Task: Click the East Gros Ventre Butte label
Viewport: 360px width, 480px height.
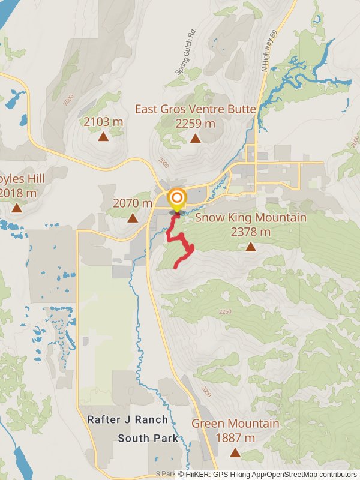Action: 195,109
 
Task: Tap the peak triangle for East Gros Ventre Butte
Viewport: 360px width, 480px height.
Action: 195,139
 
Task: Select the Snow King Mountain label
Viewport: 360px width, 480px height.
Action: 250,218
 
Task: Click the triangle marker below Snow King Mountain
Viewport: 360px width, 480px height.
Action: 250,247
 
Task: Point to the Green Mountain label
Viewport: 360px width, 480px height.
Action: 235,424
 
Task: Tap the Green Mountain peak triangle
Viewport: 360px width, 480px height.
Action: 235,452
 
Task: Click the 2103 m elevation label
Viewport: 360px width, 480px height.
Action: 103,122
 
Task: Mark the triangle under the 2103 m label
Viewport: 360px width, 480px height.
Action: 103,137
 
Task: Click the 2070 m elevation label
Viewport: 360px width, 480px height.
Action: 133,203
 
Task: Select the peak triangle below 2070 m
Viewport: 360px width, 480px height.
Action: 133,218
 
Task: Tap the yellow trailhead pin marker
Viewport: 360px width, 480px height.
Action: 176,199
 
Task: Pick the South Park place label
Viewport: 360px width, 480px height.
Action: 148,439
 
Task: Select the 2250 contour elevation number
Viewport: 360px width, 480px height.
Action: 225,311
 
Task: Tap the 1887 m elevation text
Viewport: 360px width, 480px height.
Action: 235,438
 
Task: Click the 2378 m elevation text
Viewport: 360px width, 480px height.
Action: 250,232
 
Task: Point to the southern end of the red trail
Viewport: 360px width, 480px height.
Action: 175,267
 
